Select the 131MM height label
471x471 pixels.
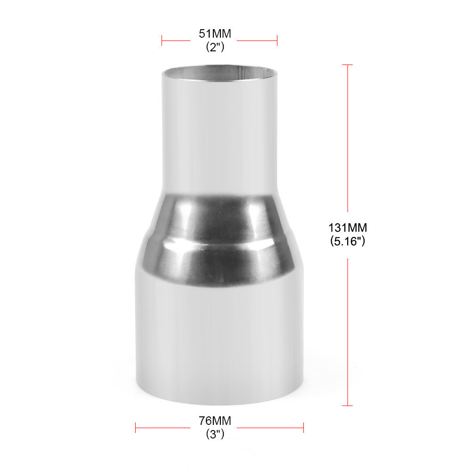tap(348, 228)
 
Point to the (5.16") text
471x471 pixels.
tap(348, 241)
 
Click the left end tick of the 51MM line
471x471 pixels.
tap(162, 41)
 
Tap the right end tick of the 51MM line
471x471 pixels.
tap(277, 41)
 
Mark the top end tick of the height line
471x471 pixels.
tap(348, 65)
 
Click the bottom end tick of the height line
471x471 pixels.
tap(348, 405)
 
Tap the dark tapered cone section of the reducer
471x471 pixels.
tap(219, 240)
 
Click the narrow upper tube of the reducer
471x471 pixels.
tap(219, 137)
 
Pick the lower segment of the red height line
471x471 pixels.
tap(348, 330)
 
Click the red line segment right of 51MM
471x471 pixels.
tap(257, 41)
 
